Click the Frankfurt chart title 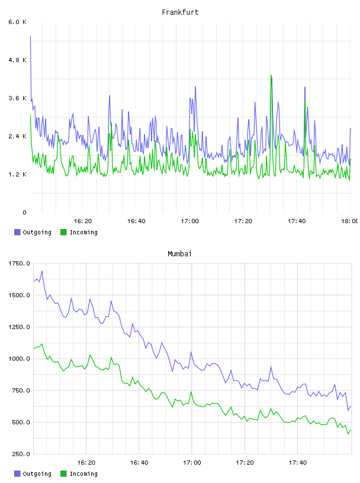pos(180,12)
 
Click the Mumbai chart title pos(179,254)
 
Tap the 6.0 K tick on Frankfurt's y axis pos(18,22)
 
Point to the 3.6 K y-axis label pos(18,98)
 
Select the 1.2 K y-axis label pos(18,175)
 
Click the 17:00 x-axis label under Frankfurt pos(189,221)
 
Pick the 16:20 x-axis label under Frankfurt pos(83,221)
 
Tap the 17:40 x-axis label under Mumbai pos(298,463)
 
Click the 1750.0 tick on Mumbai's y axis pos(19,263)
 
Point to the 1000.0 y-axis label pos(19,359)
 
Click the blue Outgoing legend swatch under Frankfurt pos(17,232)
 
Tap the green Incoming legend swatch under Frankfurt pos(63,232)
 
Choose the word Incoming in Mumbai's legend pos(83,474)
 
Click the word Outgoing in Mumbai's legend pos(37,474)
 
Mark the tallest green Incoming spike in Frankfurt pos(271,75)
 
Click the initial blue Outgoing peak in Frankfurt pos(30,36)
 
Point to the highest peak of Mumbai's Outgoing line pos(42,271)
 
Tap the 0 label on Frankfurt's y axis pos(25,212)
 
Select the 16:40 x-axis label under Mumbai pos(139,463)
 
